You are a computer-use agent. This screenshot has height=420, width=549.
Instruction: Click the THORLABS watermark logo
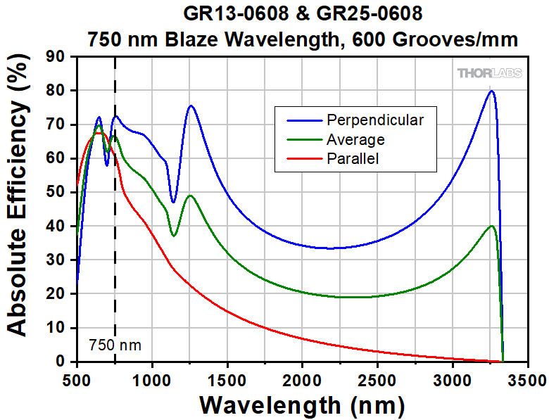tap(489, 73)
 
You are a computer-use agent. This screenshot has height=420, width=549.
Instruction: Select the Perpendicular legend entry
tap(374, 120)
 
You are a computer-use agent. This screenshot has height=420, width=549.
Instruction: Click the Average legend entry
tap(355, 139)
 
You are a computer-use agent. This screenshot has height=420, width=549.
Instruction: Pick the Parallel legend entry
tap(353, 159)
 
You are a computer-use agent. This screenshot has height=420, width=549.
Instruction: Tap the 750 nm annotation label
tap(115, 345)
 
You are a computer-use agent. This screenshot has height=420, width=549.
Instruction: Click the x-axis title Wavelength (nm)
tap(302, 405)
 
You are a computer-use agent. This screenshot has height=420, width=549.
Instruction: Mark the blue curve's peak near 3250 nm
tap(491, 91)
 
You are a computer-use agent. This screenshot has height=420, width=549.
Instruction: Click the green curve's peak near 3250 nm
tap(491, 226)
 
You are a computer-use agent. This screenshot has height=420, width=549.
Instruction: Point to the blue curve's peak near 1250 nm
tap(190, 106)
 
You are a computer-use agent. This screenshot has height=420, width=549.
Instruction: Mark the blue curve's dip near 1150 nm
tap(173, 203)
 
